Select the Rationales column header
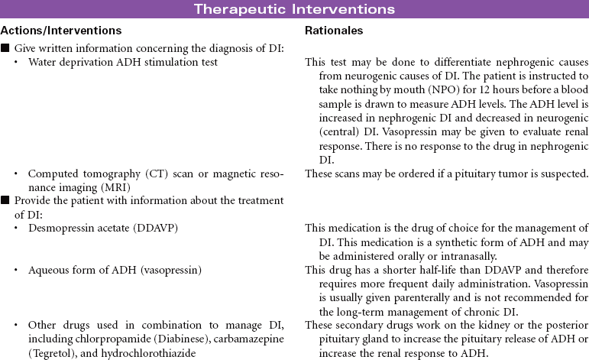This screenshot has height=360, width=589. click(x=334, y=31)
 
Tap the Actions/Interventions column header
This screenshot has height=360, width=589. click(x=61, y=31)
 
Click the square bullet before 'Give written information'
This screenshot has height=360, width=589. click(x=5, y=49)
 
